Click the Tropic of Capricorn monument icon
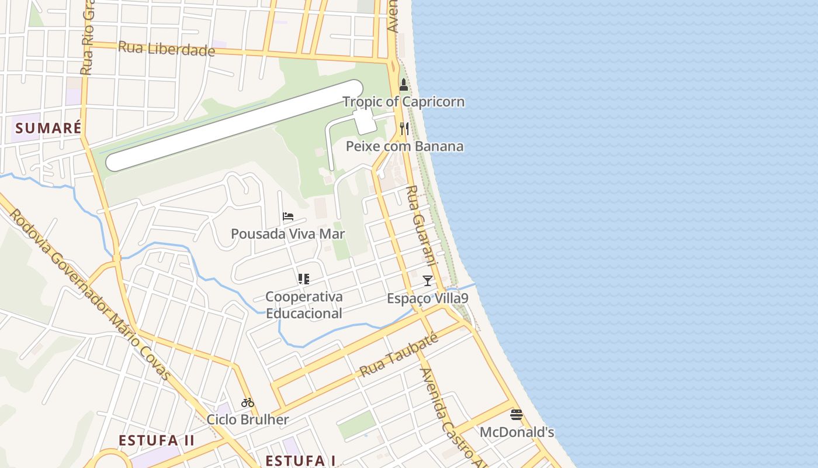403,85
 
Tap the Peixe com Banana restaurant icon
404,128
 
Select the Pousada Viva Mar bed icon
287,216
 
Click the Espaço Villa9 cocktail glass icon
428,281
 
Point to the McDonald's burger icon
516,415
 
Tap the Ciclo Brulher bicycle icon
248,402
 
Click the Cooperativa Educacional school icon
303,279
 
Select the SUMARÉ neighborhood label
48,128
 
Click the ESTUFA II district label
157,441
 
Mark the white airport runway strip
234,125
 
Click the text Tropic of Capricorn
404,102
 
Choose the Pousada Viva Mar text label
287,234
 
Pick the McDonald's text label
517,432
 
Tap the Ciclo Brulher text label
248,419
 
